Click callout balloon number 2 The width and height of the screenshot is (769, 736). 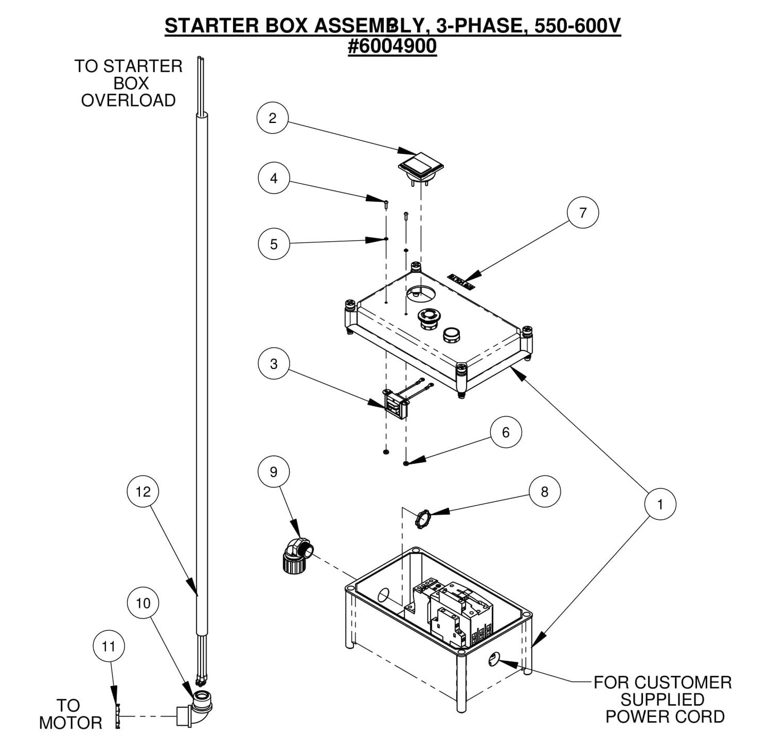click(x=272, y=118)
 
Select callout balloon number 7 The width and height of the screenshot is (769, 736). click(x=583, y=212)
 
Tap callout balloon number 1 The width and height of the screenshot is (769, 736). click(x=660, y=504)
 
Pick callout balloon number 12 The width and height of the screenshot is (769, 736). click(x=143, y=492)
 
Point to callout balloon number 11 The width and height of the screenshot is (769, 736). click(x=109, y=647)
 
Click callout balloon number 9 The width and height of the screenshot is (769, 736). click(x=274, y=472)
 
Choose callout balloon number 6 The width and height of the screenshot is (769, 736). click(x=506, y=432)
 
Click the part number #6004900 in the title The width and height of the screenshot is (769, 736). click(x=392, y=46)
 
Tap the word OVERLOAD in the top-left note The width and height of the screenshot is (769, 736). click(x=128, y=100)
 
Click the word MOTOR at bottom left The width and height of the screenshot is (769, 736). click(x=71, y=723)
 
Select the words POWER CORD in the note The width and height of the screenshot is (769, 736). click(x=665, y=716)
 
